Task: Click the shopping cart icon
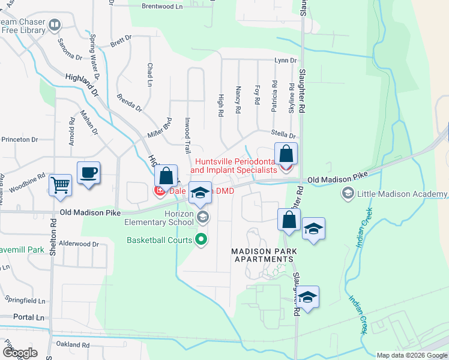60,184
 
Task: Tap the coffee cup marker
89,173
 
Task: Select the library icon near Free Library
55,25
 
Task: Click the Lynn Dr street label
285,61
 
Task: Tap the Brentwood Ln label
161,7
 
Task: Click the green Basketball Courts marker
202,240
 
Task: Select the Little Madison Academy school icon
348,193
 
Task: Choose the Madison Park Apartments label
262,254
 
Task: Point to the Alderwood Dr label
79,244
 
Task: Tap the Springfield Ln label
25,299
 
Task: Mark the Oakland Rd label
72,345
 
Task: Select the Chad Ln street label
149,74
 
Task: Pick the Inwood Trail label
187,136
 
